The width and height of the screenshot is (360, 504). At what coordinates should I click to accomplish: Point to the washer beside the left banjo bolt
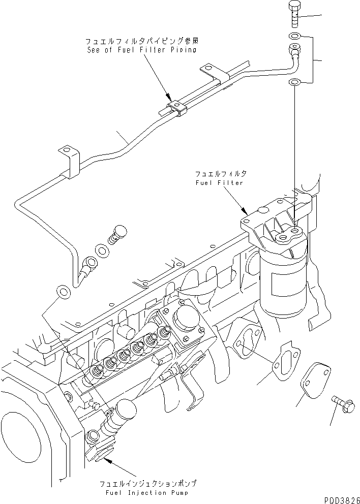click(102, 250)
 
